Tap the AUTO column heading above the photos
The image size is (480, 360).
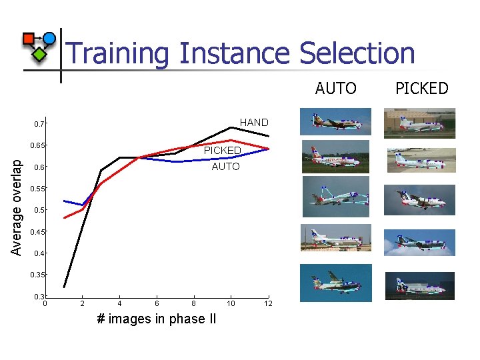click(x=336, y=88)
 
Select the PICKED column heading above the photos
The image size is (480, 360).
click(x=422, y=88)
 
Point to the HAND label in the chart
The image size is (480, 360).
click(x=254, y=123)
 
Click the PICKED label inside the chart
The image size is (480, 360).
click(x=222, y=151)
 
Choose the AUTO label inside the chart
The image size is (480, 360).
click(x=225, y=167)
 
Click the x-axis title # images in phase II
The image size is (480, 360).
click(x=157, y=319)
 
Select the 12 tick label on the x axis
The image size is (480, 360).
click(x=268, y=304)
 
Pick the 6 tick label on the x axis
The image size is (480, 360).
click(x=157, y=304)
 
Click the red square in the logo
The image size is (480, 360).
click(x=29, y=39)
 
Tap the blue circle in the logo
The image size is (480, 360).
click(x=49, y=38)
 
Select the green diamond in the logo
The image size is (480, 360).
click(x=40, y=54)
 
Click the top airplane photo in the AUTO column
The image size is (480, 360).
click(x=335, y=122)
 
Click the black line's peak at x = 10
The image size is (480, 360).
click(x=231, y=127)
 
